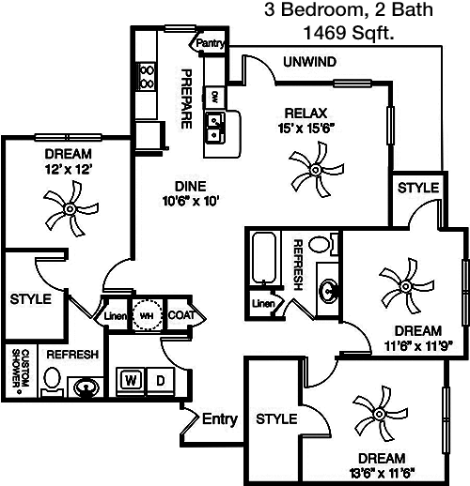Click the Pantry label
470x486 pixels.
coord(211,43)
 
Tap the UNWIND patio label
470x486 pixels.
coord(309,62)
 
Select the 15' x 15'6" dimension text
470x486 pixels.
coord(305,129)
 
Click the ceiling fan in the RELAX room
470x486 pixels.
coord(316,170)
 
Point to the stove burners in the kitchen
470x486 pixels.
coord(146,76)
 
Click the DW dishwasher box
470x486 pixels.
coord(214,97)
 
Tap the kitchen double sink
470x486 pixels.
coord(214,128)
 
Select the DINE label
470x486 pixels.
coord(190,187)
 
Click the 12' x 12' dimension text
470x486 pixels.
coord(69,170)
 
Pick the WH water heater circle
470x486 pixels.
coord(147,314)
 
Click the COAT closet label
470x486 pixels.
coord(181,315)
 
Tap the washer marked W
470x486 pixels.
coord(131,381)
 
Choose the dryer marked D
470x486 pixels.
coord(160,381)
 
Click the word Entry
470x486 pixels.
coord(220,419)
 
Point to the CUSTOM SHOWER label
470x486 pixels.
coord(20,370)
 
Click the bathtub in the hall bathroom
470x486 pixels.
coord(264,258)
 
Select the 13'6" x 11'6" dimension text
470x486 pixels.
coord(383,473)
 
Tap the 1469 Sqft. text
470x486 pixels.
coord(349,33)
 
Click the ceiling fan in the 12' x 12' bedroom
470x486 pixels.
coord(70,208)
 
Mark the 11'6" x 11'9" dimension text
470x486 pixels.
coord(418,346)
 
